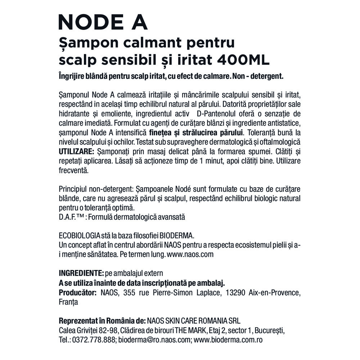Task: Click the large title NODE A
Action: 103,22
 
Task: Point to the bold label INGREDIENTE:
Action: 81,273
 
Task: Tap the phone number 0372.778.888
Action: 94,339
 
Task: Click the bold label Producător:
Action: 77,292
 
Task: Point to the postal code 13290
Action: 235,292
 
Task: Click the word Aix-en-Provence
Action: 274,292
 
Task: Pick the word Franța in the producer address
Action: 68,302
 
